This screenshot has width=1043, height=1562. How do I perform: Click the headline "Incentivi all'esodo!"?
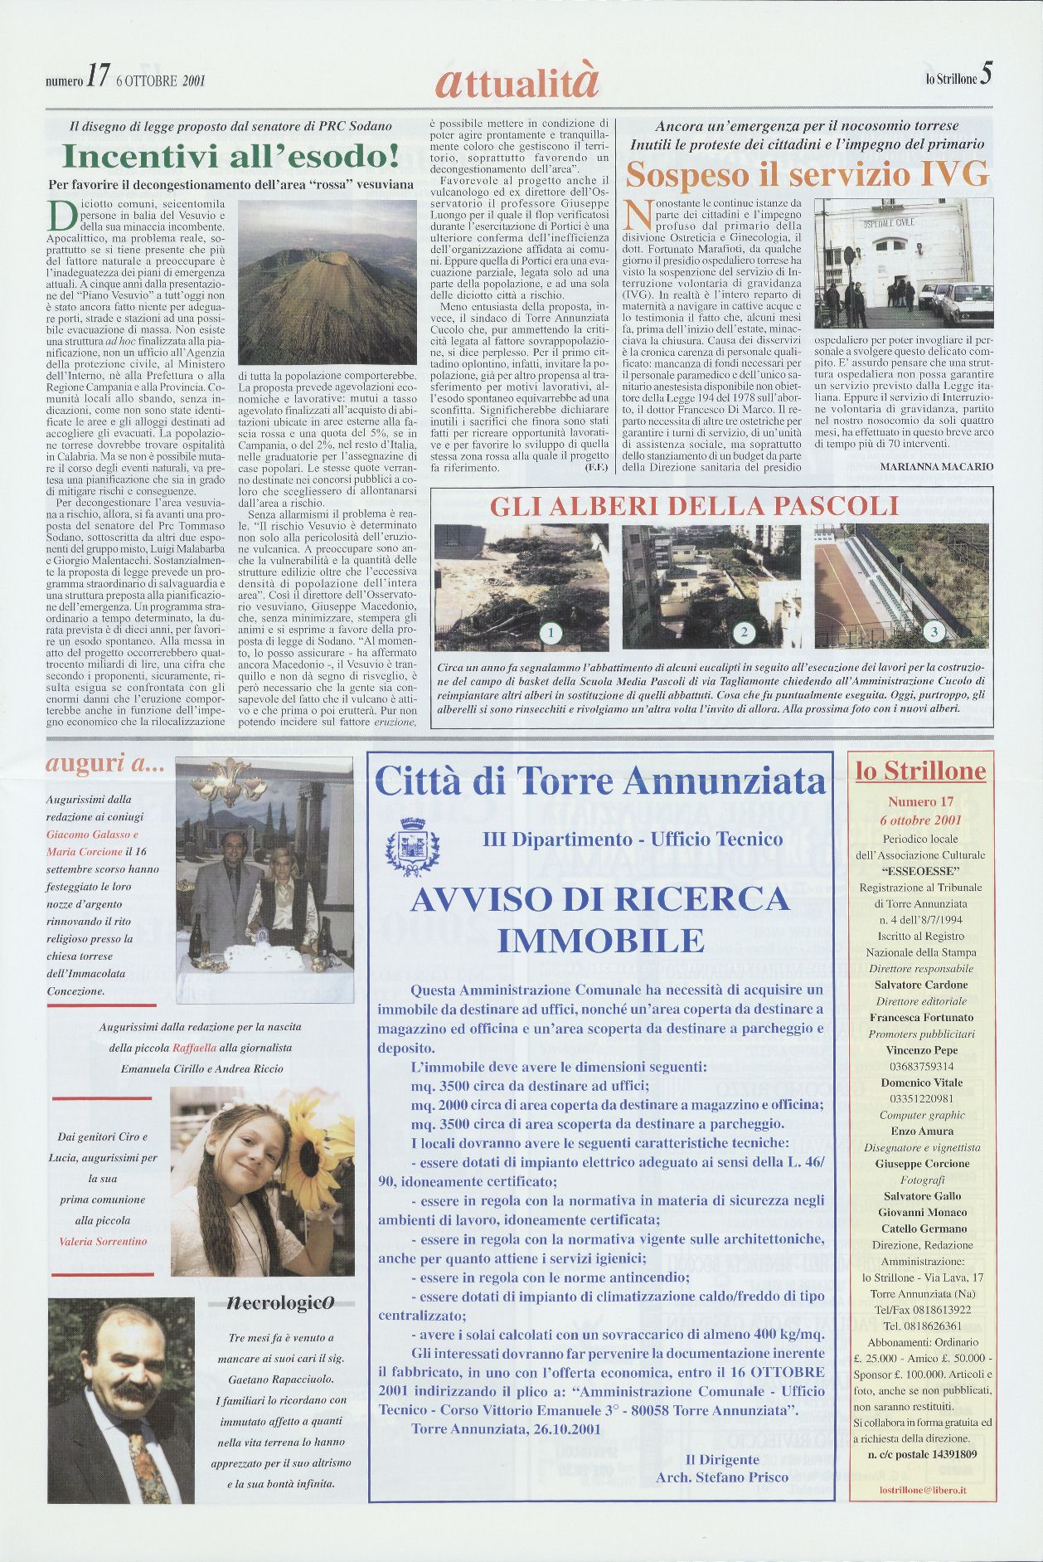point(231,156)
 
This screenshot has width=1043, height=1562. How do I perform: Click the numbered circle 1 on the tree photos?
point(550,633)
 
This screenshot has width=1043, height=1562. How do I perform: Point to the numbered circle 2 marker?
point(744,633)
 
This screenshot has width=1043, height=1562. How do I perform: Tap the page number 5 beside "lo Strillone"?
point(986,75)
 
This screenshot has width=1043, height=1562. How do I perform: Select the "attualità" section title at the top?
point(516,81)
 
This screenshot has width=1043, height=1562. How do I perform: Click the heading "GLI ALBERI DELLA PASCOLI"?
point(694,505)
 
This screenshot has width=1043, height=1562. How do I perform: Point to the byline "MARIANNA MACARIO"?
point(936,467)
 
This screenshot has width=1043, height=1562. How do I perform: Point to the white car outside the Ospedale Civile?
point(967,303)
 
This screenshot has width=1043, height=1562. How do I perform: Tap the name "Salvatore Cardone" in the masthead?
point(921,985)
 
